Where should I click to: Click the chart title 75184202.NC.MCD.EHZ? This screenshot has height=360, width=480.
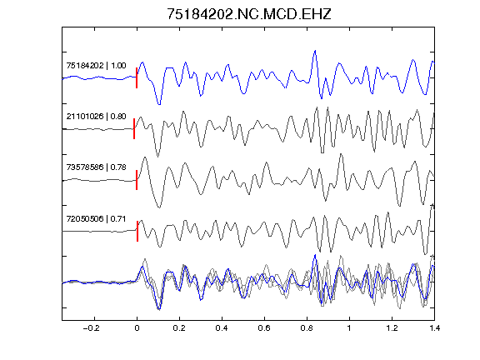(249, 14)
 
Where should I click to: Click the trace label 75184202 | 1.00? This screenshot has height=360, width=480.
(96, 66)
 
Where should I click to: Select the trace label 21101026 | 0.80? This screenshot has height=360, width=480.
(96, 117)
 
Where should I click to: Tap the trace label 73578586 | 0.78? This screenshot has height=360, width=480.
(96, 167)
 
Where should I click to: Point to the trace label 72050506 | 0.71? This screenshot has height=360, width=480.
(96, 218)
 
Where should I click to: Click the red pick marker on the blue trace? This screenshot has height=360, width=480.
(137, 78)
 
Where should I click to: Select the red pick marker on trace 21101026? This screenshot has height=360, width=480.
(134, 129)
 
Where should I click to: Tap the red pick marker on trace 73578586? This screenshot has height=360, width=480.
(137, 180)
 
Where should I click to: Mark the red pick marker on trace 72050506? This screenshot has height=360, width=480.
(137, 231)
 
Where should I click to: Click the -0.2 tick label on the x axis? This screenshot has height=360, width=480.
(91, 328)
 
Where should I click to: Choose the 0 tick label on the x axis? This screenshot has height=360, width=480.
(137, 328)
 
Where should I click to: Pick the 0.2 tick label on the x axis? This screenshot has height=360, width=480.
(179, 328)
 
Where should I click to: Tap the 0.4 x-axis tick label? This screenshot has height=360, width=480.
(222, 328)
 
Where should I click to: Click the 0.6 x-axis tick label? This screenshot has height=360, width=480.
(264, 328)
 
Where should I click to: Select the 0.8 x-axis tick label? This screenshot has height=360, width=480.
(307, 328)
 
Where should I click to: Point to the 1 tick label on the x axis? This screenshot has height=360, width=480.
(349, 328)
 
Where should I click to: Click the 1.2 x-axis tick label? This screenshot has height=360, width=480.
(392, 328)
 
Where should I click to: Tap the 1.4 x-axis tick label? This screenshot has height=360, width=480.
(434, 328)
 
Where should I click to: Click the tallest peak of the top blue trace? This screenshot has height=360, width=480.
(315, 51)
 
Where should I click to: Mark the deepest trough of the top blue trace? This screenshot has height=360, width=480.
(159, 104)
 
